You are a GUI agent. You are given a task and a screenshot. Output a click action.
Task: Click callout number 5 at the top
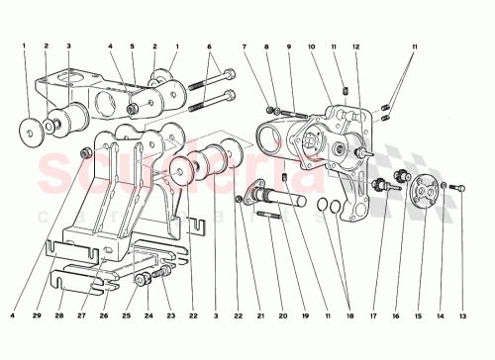click(x=133, y=46)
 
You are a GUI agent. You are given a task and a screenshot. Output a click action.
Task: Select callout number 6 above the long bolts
click(x=209, y=46)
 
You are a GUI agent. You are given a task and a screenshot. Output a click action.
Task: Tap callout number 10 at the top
click(x=311, y=46)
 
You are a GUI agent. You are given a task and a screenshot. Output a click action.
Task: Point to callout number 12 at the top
click(x=355, y=46)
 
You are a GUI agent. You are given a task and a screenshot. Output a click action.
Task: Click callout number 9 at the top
click(x=288, y=46)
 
